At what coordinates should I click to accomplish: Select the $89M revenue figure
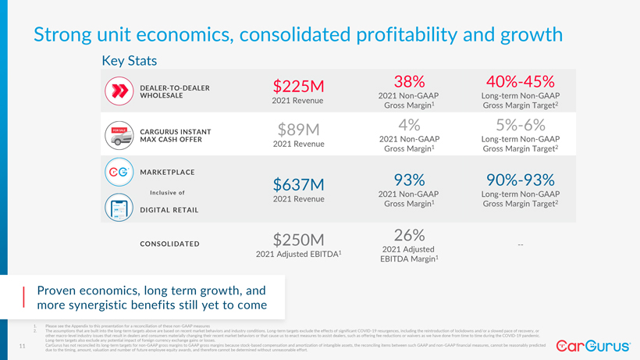click(x=298, y=129)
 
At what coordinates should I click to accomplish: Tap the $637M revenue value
click(x=298, y=184)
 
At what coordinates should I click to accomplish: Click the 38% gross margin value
click(x=409, y=81)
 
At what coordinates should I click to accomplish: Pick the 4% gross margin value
click(x=409, y=125)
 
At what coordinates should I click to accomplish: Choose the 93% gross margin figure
click(x=409, y=180)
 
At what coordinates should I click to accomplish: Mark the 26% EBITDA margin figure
click(x=409, y=234)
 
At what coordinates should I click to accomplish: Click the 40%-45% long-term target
click(x=520, y=81)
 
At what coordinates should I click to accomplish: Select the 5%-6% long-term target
click(x=520, y=125)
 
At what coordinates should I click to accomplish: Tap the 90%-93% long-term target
click(x=520, y=180)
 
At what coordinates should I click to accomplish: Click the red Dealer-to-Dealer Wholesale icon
click(x=119, y=91)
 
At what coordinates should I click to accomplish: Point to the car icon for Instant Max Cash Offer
click(x=119, y=135)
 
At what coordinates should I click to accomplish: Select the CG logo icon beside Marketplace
click(x=119, y=173)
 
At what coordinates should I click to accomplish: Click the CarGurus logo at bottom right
click(x=594, y=344)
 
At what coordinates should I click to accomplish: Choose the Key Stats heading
click(x=130, y=61)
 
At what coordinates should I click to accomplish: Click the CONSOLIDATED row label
click(x=169, y=244)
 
